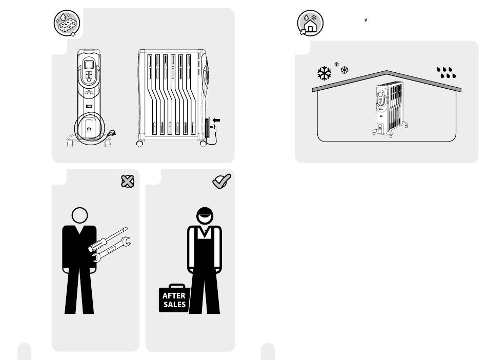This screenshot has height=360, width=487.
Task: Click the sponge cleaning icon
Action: tap(67, 23)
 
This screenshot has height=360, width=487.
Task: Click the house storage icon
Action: tap(310, 23)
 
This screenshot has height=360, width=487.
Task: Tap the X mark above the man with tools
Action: tap(128, 182)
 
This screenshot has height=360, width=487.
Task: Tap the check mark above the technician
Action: tap(222, 181)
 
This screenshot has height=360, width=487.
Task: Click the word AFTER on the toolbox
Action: tap(174, 296)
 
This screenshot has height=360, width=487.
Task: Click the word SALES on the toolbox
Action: tap(174, 305)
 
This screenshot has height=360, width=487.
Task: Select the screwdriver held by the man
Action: tap(108, 239)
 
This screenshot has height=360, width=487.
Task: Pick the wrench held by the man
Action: tap(112, 249)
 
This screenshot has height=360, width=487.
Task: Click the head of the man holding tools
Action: tap(80, 215)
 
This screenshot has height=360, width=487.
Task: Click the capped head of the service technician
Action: tap(205, 215)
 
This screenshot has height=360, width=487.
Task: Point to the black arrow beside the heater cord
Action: tap(216, 120)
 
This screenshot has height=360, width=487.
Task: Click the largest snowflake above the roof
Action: tap(324, 73)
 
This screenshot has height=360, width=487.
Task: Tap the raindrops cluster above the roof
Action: tap(447, 72)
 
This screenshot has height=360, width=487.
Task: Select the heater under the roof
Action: tap(390, 109)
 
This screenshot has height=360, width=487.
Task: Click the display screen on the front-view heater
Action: tap(89, 65)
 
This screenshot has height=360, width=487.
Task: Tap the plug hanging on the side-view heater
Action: tap(213, 127)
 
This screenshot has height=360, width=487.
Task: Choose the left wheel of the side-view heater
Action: tap(140, 144)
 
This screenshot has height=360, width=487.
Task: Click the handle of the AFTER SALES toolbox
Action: tap(177, 286)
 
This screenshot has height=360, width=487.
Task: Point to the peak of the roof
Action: tap(387, 71)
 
